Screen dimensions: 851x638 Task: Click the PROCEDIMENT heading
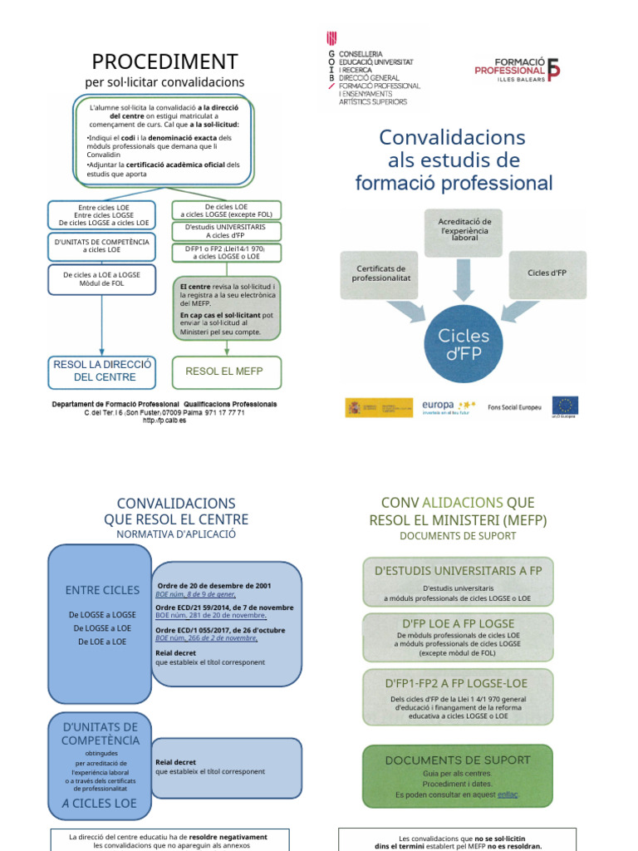pos(164,61)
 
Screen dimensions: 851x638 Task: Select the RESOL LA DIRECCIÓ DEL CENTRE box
pos(102,371)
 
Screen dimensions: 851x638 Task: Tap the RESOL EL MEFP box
pos(226,371)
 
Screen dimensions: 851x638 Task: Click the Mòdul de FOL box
pos(101,279)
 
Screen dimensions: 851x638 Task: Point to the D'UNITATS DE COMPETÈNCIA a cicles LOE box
pos(101,245)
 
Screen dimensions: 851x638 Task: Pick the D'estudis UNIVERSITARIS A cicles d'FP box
pos(225,231)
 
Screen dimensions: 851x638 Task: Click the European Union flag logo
pos(566,406)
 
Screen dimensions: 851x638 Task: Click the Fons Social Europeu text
pos(514,407)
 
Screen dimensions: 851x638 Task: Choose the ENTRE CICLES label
pos(102,590)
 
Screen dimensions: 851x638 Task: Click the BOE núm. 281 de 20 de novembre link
pos(211,616)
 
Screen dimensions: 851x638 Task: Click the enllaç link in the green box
pos(507,794)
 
